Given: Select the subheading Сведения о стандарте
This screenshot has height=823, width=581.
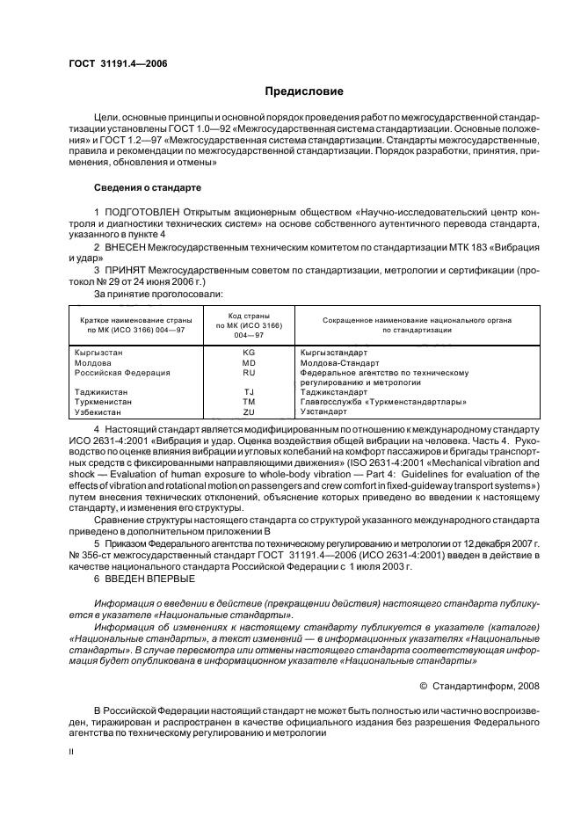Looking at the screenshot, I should pyautogui.click(x=148, y=188).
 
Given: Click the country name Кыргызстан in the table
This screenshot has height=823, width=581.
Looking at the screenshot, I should pyautogui.click(x=99, y=352).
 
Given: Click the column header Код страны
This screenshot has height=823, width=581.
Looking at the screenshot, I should pyautogui.click(x=248, y=315).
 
